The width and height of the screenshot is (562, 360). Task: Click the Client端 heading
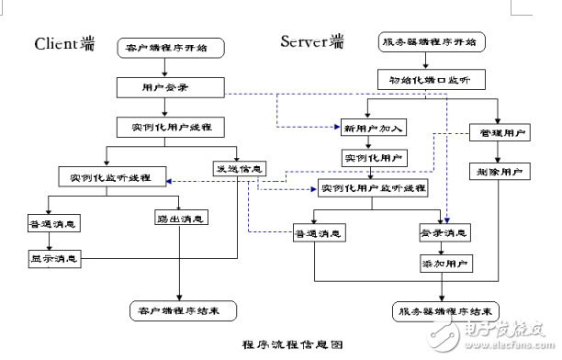point(65,43)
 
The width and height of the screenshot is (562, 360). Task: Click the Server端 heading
point(313,41)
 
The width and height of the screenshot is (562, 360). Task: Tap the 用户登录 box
point(171,87)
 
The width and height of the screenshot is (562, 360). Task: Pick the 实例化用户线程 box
point(171,127)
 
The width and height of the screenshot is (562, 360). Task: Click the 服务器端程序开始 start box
point(432,41)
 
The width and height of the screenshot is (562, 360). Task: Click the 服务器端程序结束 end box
point(444,309)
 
